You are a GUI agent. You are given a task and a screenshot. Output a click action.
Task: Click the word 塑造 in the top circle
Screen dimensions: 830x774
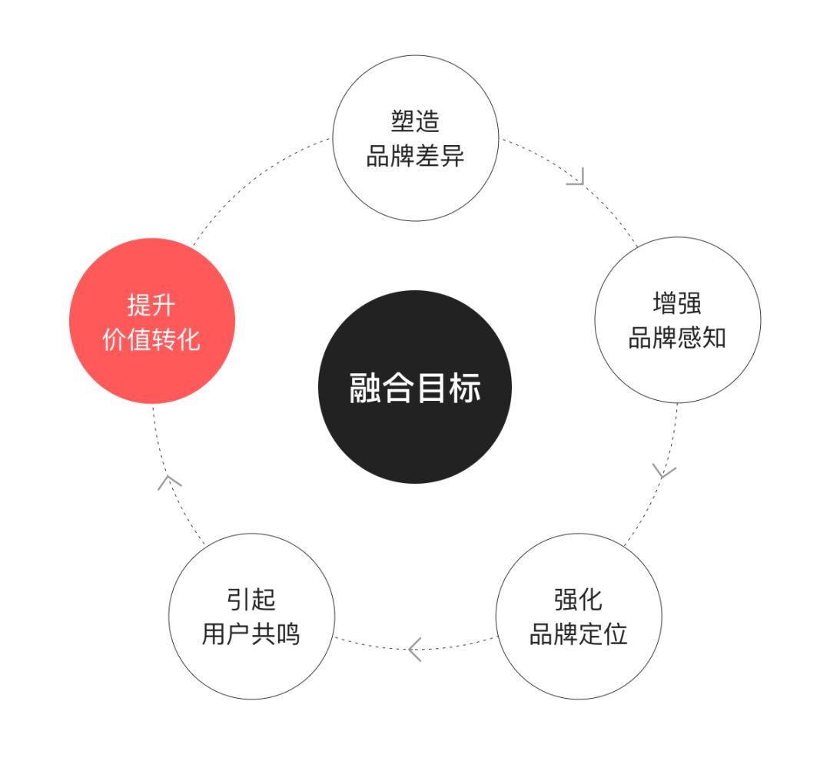[x=415, y=122]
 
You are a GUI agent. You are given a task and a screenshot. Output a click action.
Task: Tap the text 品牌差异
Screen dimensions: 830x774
[x=415, y=157]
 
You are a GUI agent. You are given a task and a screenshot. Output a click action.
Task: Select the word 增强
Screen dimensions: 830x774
[x=677, y=303]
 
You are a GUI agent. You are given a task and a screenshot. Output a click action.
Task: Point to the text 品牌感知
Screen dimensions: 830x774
[x=677, y=339]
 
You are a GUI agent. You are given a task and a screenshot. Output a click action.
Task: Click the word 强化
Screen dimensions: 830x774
[x=578, y=600]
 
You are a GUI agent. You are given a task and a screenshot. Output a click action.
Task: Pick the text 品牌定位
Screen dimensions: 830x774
[x=578, y=635]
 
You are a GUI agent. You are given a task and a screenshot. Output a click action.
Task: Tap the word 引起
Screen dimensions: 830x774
[x=251, y=600]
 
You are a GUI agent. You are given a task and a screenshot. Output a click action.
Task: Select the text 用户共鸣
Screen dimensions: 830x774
[x=251, y=635]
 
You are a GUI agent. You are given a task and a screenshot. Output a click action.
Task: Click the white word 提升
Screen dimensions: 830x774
[x=151, y=305]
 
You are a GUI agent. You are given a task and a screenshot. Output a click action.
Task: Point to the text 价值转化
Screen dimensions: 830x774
[x=151, y=340]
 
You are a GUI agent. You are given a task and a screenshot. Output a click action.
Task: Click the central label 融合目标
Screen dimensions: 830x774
[x=415, y=388]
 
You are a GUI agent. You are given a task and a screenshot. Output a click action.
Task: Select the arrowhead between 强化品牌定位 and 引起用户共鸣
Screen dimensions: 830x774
[x=414, y=650]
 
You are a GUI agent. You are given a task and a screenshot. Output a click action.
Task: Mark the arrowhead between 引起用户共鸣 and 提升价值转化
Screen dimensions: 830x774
[x=169, y=481]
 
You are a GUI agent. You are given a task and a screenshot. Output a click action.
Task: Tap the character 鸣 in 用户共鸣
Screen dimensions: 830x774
[x=288, y=635]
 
